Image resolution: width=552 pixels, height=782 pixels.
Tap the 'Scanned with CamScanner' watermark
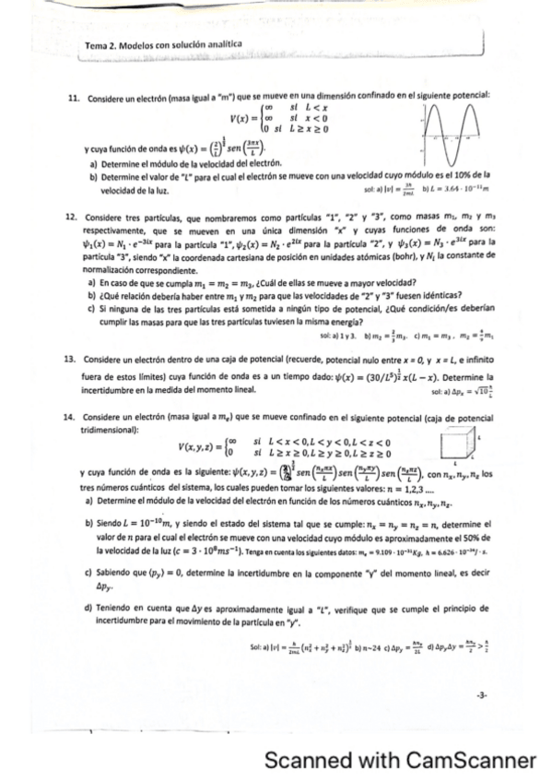[x=400, y=761]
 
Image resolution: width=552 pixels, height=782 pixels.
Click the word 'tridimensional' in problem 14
[x=109, y=429]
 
